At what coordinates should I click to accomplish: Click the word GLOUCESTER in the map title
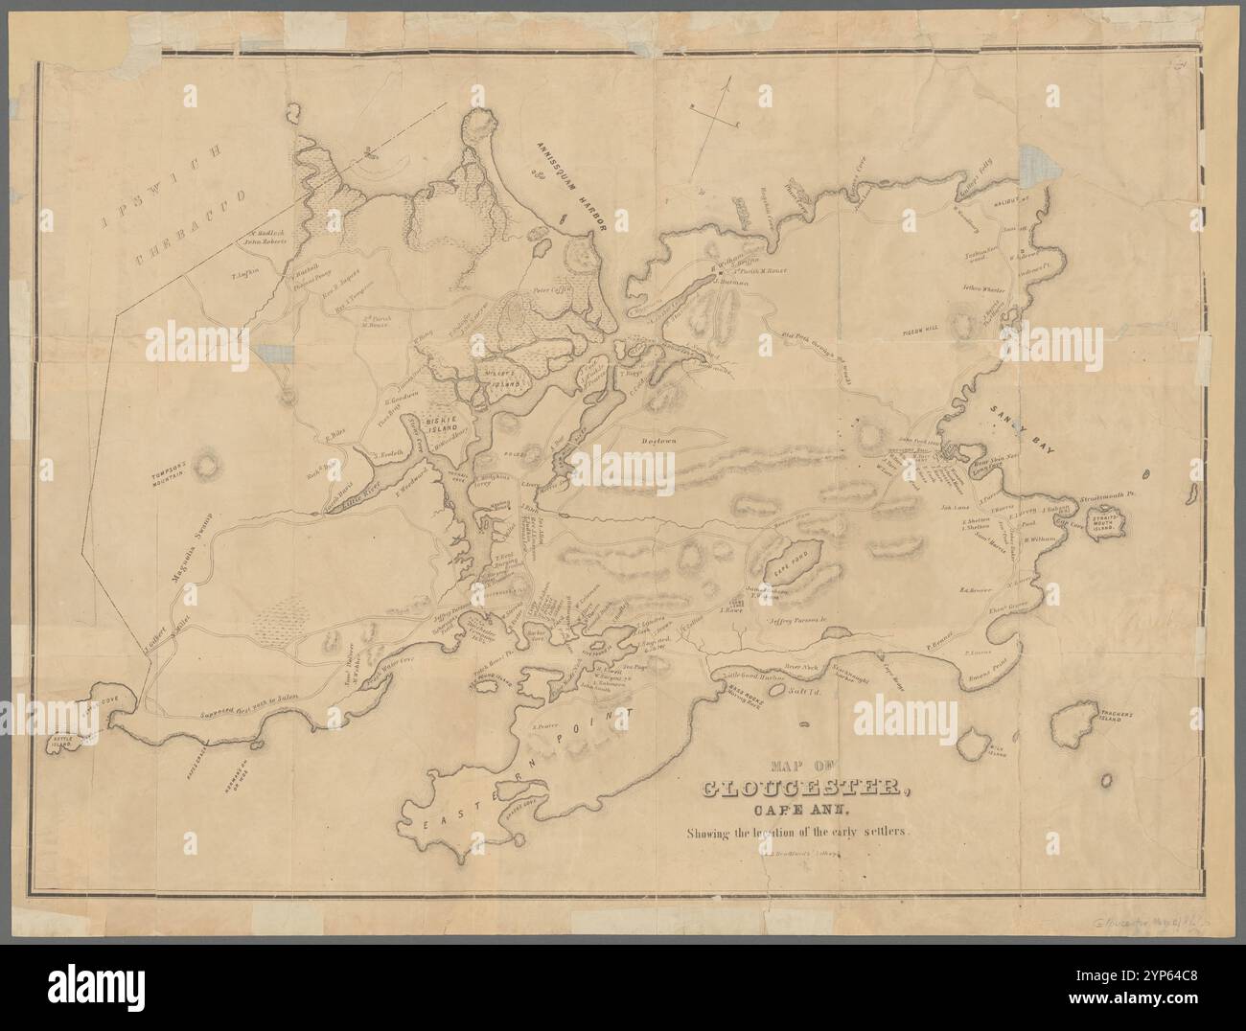click(x=806, y=789)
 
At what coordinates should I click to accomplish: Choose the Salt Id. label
click(x=800, y=690)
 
